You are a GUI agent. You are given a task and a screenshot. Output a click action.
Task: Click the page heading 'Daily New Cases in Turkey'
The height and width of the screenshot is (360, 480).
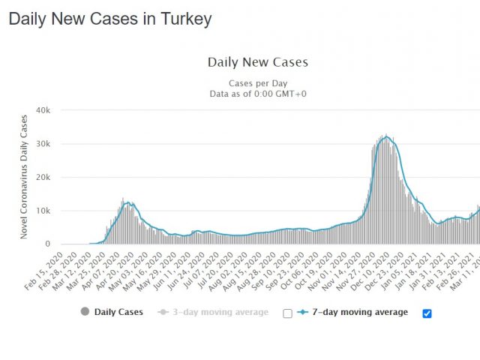coord(110,19)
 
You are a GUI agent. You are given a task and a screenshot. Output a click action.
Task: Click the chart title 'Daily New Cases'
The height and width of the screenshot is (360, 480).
coord(257,62)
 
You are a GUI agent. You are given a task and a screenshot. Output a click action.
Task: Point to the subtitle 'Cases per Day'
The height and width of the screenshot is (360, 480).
coord(257,82)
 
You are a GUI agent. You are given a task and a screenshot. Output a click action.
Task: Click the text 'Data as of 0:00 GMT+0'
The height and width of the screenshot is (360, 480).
coord(257,93)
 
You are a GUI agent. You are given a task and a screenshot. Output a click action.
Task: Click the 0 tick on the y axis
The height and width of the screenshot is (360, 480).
coord(47,244)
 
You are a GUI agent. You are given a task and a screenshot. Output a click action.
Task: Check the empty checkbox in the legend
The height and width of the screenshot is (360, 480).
coord(287,313)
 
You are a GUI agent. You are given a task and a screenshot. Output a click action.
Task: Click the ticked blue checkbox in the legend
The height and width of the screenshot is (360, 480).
coord(427,313)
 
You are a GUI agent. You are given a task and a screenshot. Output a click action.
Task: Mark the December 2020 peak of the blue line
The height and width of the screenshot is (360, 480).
coord(385,136)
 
